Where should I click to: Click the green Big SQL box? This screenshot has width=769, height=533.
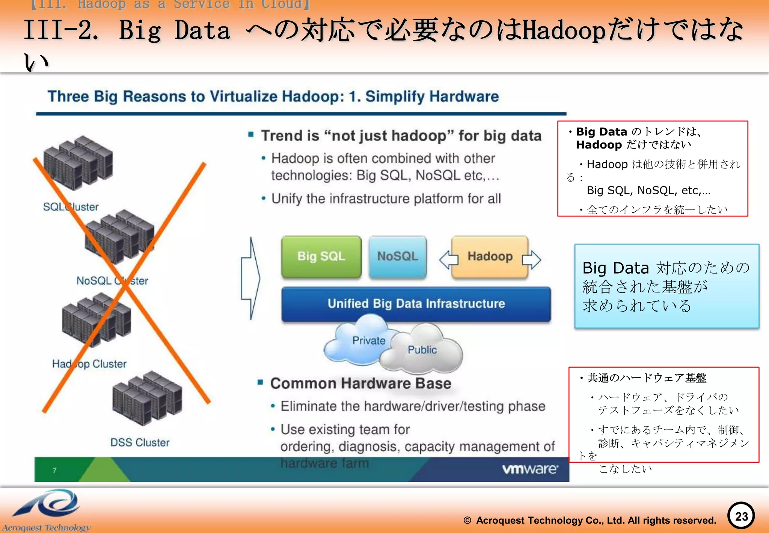[321, 257]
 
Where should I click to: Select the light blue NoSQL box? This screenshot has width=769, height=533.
[397, 257]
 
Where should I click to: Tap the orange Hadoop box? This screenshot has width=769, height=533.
[490, 257]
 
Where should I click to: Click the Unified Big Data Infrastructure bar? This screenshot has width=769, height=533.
[416, 304]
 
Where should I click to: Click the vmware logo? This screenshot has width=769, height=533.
[530, 469]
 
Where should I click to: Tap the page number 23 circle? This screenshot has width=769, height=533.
[741, 516]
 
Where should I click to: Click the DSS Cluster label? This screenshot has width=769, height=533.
[140, 442]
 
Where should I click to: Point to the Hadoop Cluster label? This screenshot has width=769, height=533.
[89, 364]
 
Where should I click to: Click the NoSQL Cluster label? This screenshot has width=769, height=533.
[112, 281]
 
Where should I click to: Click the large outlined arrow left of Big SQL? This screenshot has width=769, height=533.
[250, 278]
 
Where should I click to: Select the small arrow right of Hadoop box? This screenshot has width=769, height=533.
[532, 259]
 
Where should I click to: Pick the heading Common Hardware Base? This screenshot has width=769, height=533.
[360, 383]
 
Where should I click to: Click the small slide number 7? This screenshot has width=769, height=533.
[54, 471]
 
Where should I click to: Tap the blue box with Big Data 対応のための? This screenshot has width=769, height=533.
[666, 286]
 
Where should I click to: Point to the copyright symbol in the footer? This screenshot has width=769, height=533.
[467, 521]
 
